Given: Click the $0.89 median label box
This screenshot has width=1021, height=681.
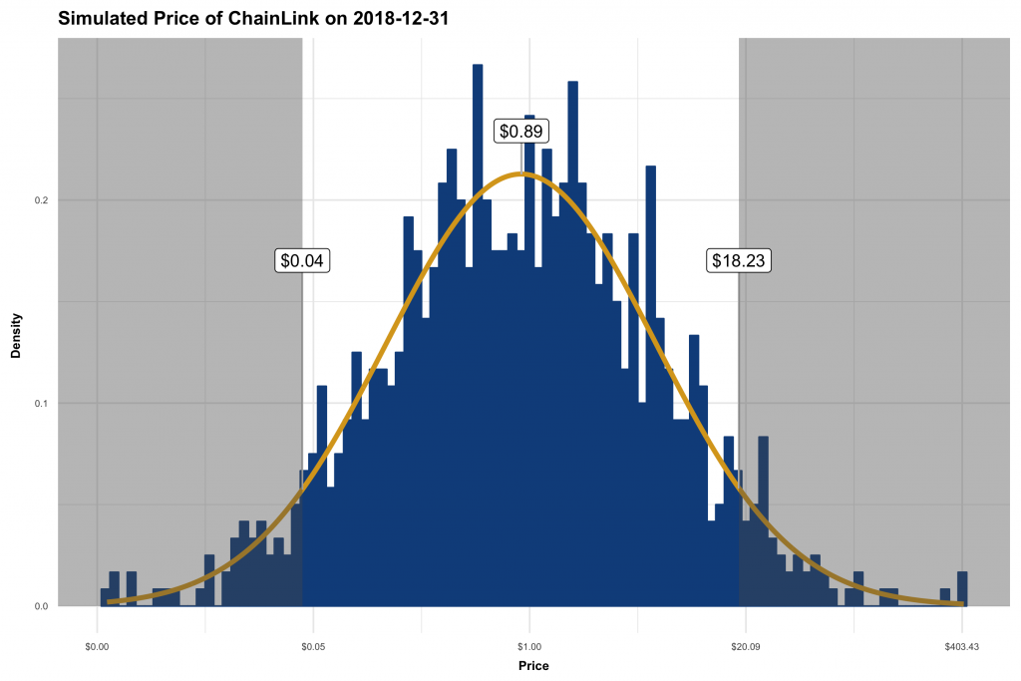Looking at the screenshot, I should tap(523, 131).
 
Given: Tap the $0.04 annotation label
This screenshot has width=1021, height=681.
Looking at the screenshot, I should tap(302, 260).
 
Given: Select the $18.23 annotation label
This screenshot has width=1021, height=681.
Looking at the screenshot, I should tap(740, 260).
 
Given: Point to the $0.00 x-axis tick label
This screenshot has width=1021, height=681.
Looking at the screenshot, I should tap(97, 646).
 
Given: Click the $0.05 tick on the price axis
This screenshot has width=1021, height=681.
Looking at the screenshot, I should tap(313, 646).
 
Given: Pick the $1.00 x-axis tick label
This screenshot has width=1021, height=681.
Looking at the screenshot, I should tap(529, 646).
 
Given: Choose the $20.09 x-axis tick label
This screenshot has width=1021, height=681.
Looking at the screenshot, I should tap(746, 646).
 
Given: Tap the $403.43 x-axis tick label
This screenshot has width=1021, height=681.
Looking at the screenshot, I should tap(961, 646).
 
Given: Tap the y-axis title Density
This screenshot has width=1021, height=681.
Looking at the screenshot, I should tap(16, 338).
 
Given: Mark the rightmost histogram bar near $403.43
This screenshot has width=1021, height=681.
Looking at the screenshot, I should tap(962, 588).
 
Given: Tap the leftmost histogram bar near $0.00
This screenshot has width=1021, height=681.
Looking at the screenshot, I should tap(105, 596).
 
